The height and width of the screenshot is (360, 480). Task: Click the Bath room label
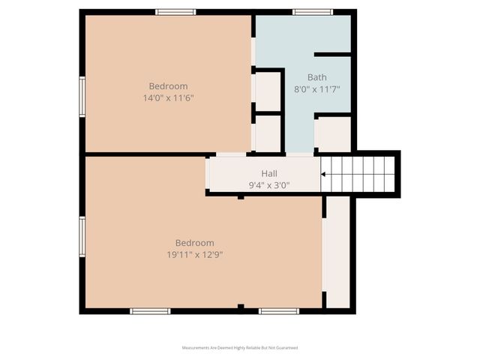click(x=317, y=77)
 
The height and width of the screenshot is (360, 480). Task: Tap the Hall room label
click(x=269, y=173)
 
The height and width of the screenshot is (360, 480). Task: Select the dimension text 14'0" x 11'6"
click(x=168, y=97)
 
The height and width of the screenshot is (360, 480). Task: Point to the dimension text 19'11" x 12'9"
click(x=195, y=254)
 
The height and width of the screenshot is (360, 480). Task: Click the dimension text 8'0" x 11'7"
click(x=317, y=88)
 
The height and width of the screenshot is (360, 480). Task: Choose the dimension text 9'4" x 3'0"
click(x=269, y=184)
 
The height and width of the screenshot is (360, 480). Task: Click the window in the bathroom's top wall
click(x=312, y=12)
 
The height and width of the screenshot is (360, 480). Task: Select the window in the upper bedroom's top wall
click(x=175, y=12)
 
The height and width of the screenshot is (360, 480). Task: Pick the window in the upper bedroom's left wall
click(x=82, y=96)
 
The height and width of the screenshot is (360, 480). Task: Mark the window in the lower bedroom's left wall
click(x=82, y=235)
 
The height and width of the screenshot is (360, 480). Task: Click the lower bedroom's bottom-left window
click(x=150, y=310)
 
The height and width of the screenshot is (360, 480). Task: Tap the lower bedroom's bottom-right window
click(x=279, y=310)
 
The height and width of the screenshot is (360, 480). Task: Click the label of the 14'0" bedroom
click(x=168, y=86)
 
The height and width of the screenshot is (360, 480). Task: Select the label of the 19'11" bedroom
click(x=195, y=243)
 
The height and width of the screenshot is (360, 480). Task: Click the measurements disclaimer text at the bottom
click(x=240, y=348)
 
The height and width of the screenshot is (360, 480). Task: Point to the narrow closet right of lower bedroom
click(x=338, y=251)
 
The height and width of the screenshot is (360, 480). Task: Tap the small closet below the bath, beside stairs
click(x=333, y=135)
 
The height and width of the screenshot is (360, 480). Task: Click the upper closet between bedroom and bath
click(x=268, y=90)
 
